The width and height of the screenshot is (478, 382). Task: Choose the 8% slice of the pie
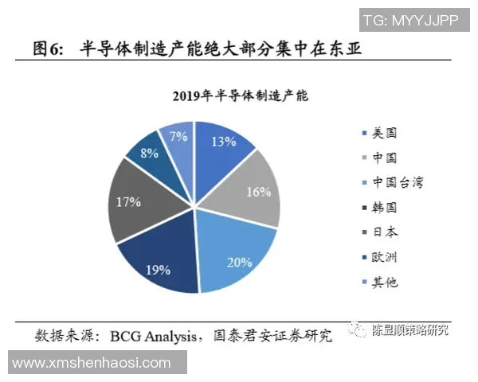coord(150,153)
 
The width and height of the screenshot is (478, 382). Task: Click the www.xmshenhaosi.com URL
coord(92,363)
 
